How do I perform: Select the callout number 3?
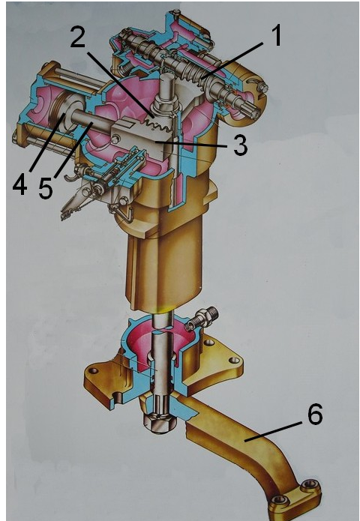point(240,145)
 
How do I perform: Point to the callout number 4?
point(19,182)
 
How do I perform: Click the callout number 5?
point(45,188)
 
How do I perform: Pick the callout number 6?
point(314,414)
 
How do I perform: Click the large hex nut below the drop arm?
point(157,424)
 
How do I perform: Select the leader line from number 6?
point(274,432)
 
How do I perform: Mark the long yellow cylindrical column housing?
point(162,259)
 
